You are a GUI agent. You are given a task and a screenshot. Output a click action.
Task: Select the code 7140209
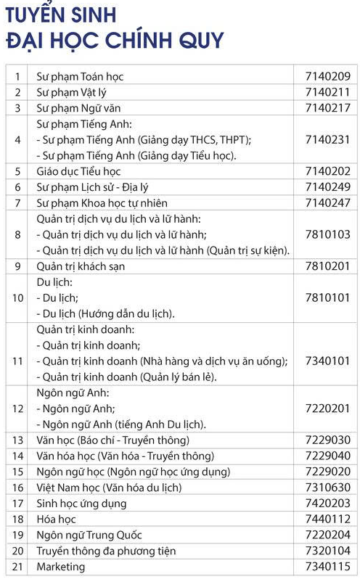[328, 75]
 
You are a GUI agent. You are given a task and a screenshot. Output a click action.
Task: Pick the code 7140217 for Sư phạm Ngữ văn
[328, 108]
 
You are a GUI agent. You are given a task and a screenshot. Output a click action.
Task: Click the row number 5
[17, 171]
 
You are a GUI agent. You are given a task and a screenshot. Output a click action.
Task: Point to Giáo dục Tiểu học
[78, 171]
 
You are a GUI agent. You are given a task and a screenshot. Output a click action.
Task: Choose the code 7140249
[328, 187]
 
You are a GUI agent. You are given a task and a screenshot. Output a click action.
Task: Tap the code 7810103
[328, 234]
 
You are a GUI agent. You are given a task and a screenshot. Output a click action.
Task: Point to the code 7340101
[328, 361]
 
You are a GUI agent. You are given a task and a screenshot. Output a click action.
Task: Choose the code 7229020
[328, 472]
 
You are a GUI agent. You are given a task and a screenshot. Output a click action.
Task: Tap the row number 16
[17, 488]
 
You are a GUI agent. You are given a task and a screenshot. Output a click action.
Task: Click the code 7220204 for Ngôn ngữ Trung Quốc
[328, 535]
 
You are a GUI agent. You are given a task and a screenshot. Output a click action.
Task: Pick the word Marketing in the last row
[60, 567]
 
